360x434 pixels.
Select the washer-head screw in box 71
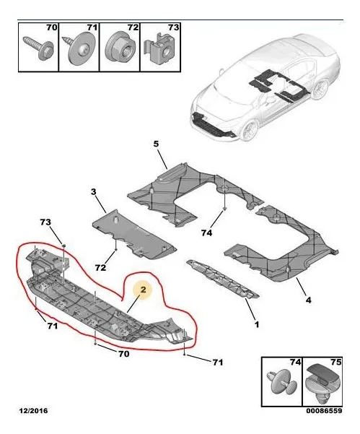pyautogui.click(x=79, y=48)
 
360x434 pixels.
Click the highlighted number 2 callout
pyautogui.click(x=143, y=290)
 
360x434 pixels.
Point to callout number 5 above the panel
pyautogui.click(x=156, y=144)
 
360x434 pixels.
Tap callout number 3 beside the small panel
pyautogui.click(x=94, y=191)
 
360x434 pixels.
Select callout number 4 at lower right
pyautogui.click(x=308, y=300)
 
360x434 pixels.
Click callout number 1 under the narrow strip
pyautogui.click(x=257, y=324)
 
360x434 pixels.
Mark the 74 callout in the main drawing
pyautogui.click(x=206, y=233)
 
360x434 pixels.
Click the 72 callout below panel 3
pyautogui.click(x=101, y=268)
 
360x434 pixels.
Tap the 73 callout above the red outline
pyautogui.click(x=45, y=222)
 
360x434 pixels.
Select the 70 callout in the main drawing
pyautogui.click(x=123, y=354)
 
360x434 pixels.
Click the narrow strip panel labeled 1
pyautogui.click(x=223, y=279)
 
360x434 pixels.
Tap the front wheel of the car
pyautogui.click(x=250, y=129)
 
